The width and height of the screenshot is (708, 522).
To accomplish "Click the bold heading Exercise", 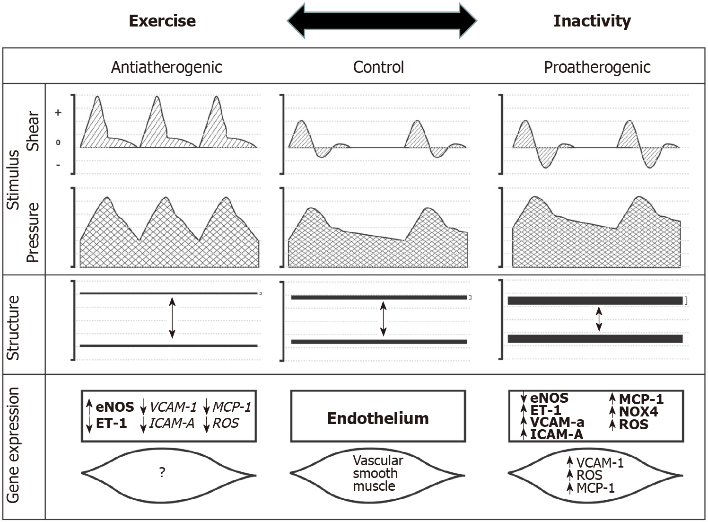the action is pos(163,21).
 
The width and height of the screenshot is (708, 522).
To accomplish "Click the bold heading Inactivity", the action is pos(592,21).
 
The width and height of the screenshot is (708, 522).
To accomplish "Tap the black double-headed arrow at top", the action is pos(382,21).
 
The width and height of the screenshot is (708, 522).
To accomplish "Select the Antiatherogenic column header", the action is pos(166,67).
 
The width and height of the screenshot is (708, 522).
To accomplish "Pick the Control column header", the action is pos(378,67).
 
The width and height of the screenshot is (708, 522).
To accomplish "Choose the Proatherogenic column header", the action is pos(597,67).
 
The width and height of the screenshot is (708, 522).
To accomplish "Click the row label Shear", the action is pos(33,131).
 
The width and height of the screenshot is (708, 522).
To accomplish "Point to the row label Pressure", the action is pos(33,232).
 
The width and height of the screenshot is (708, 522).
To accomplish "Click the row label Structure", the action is pos(13,328).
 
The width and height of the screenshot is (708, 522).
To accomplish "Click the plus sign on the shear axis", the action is pos(58,112).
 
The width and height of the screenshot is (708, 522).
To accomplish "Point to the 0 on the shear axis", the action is pos(58,142).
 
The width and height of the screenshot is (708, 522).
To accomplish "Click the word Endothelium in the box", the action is pos(378,418).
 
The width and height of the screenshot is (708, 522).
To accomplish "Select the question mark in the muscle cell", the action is pos(162,472).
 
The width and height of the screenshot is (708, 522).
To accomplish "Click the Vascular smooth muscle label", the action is pos(378,473).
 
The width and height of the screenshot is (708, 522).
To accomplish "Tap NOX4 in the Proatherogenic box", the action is pos(638,412).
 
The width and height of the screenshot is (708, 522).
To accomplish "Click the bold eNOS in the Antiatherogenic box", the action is pos(115,407).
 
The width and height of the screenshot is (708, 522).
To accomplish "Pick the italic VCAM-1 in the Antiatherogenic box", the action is pos(173,407).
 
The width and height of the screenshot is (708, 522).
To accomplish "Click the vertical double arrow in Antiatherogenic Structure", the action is pos(172,318).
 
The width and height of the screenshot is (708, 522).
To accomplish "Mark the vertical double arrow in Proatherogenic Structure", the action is pos(599,319).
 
